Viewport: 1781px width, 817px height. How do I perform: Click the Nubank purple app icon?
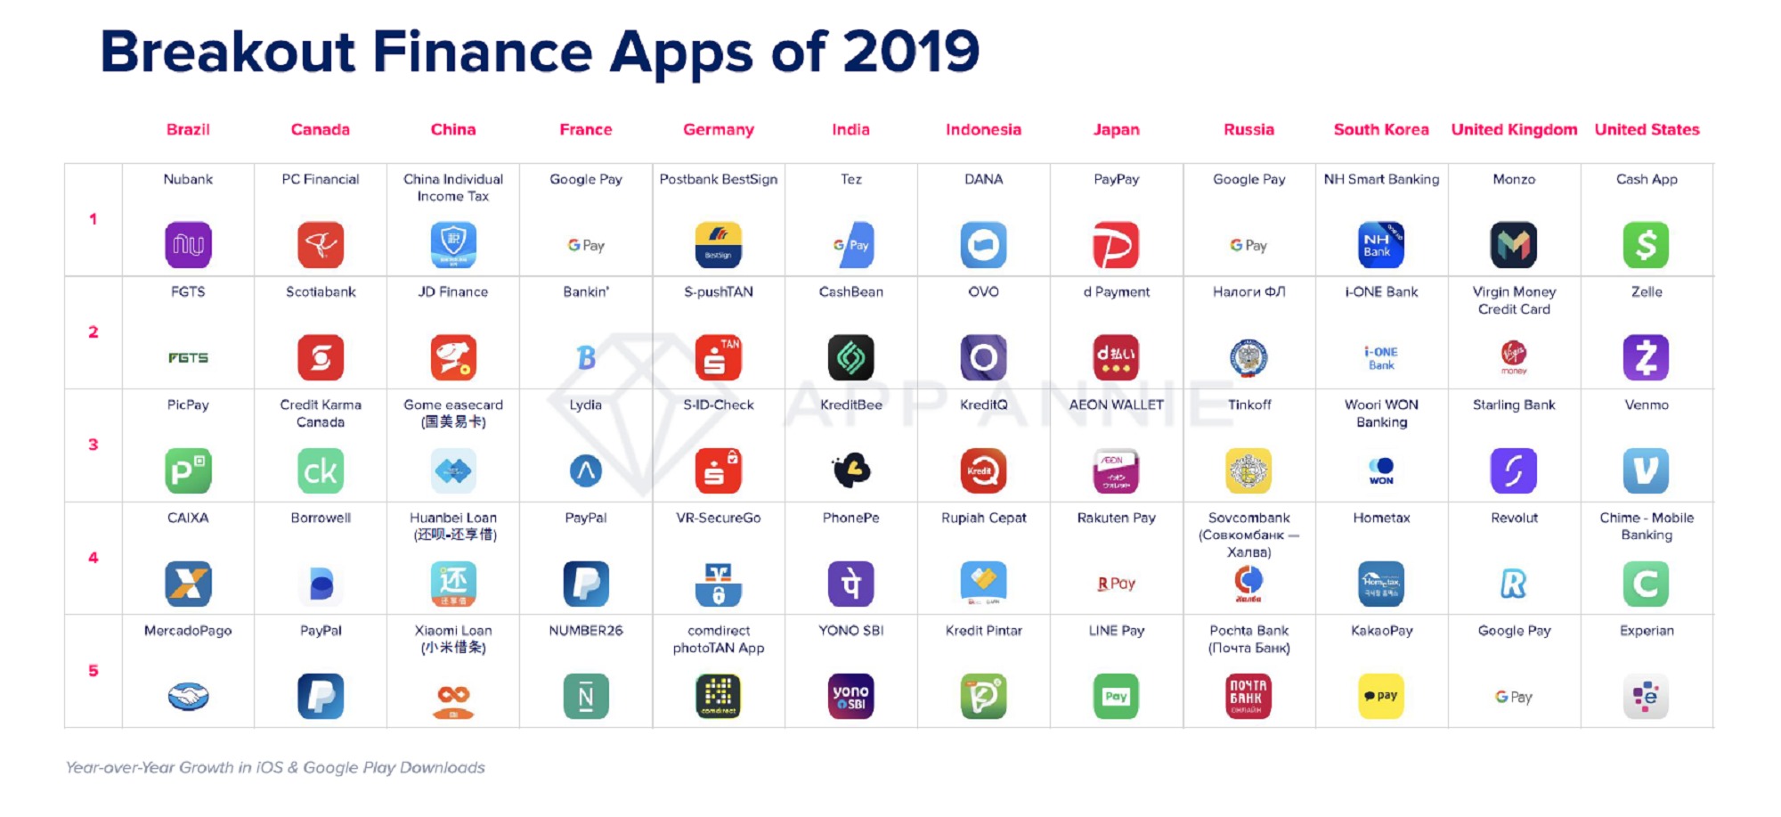pyautogui.click(x=188, y=245)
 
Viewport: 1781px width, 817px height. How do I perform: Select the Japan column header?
pyautogui.click(x=1116, y=130)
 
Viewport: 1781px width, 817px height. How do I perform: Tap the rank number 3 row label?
pyautogui.click(x=93, y=445)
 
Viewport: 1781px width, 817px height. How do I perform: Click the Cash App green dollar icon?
pyautogui.click(x=1646, y=245)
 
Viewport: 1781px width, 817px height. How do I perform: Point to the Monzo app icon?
pyautogui.click(x=1513, y=245)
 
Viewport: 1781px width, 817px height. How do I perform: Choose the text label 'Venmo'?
pyautogui.click(x=1646, y=404)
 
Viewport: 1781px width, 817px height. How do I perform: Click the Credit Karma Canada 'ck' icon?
pyautogui.click(x=321, y=470)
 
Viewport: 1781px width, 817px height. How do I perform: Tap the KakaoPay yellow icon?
pyautogui.click(x=1381, y=696)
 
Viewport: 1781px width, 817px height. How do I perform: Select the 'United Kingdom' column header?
pyautogui.click(x=1514, y=130)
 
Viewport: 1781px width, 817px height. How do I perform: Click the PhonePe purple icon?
pyautogui.click(x=850, y=584)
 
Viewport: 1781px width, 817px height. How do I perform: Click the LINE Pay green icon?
pyautogui.click(x=1116, y=696)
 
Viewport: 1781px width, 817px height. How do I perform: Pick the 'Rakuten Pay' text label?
pyautogui.click(x=1116, y=518)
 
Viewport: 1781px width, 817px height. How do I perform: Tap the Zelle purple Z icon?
pyautogui.click(x=1646, y=357)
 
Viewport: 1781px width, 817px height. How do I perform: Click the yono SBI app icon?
pyautogui.click(x=850, y=696)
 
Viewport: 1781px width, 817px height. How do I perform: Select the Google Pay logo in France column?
pyautogui.click(x=586, y=245)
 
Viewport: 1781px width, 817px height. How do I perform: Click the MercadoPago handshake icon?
pyautogui.click(x=188, y=696)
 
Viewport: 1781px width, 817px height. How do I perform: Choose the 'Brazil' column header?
pyautogui.click(x=188, y=130)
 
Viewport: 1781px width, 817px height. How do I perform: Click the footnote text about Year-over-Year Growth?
pyautogui.click(x=275, y=767)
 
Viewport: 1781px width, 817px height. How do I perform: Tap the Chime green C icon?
pyautogui.click(x=1646, y=584)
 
